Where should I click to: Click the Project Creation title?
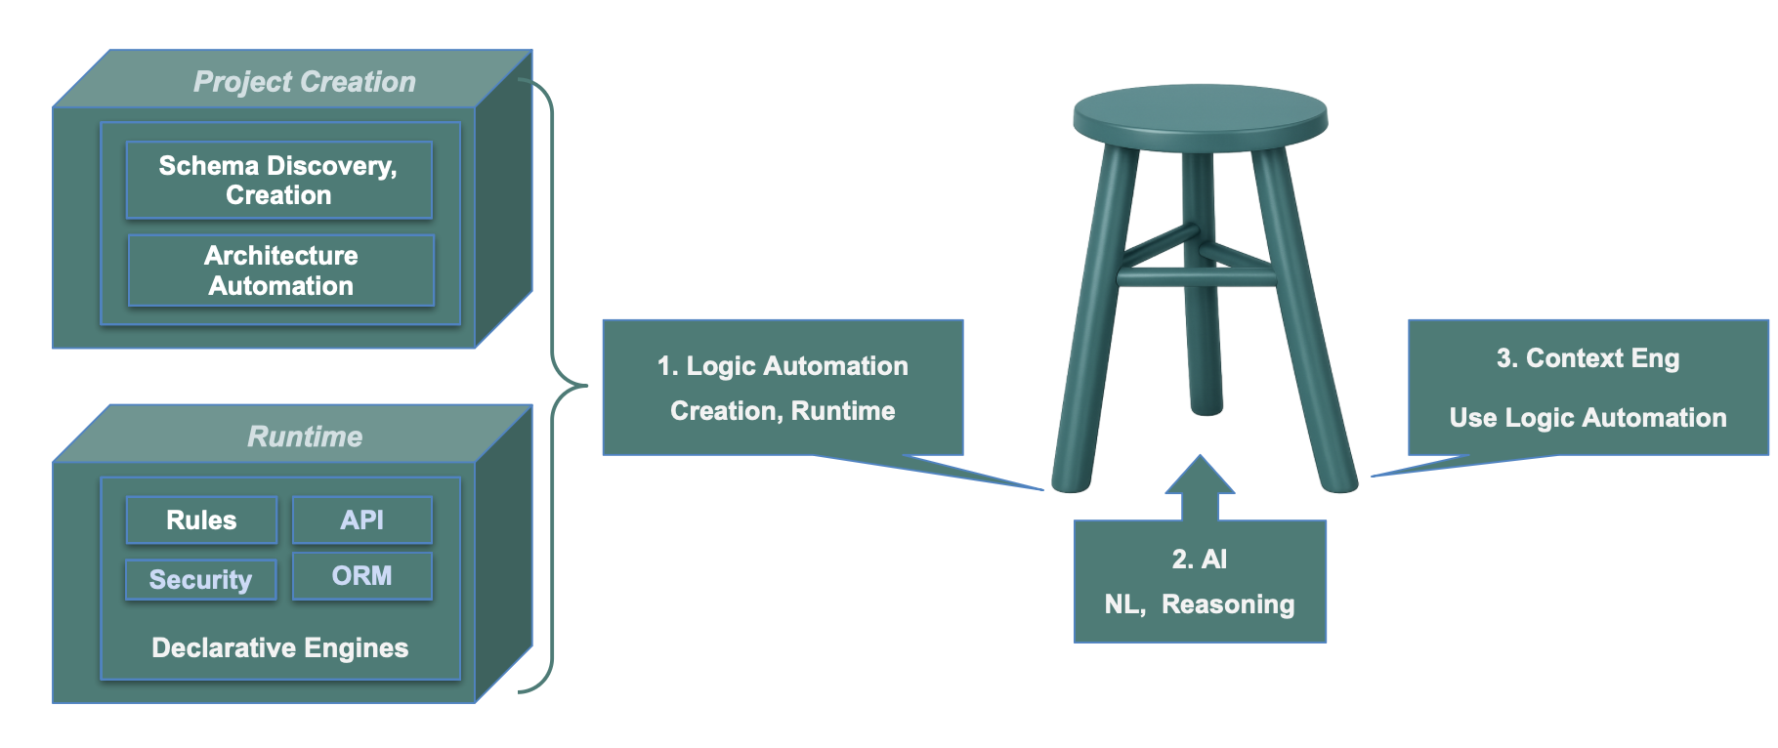point(304,82)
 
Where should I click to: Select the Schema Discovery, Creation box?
point(278,180)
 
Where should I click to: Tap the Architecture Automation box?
point(280,270)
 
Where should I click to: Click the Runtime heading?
point(304,436)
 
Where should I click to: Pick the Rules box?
point(201,520)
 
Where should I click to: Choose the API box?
point(361,520)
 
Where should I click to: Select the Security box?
point(200,580)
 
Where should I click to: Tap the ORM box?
point(361,576)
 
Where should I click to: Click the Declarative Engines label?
point(279,648)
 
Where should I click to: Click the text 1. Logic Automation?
point(783,366)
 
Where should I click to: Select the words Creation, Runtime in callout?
point(783,411)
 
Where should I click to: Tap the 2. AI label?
point(1199,560)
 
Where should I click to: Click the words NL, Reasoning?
point(1199,604)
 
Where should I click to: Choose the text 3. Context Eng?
point(1587,358)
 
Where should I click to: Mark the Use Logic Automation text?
point(1587,418)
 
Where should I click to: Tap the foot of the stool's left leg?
point(1071,481)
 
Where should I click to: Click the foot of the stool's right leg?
point(1338,481)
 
